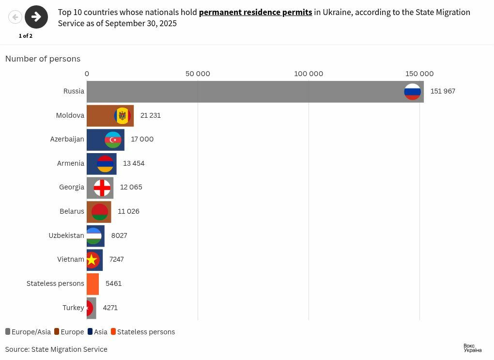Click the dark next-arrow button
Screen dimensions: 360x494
(x=36, y=17)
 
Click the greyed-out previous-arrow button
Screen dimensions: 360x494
(x=15, y=17)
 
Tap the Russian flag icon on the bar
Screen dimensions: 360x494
(x=413, y=92)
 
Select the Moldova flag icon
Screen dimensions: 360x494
(x=123, y=116)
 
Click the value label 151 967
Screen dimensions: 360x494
(x=443, y=91)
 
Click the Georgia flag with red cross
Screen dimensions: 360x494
(x=102, y=188)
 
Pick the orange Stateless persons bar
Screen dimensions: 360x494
(x=93, y=284)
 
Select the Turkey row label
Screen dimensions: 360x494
(x=73, y=308)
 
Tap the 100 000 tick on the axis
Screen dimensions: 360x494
(x=309, y=74)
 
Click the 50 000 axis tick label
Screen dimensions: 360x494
(x=198, y=74)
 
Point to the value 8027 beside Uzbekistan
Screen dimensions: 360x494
(x=119, y=235)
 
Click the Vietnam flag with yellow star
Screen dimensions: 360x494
(x=92, y=260)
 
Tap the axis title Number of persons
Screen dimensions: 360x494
(x=43, y=59)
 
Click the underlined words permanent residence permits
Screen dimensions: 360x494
(x=255, y=12)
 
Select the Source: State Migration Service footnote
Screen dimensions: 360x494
(x=56, y=349)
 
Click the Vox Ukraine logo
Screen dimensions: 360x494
(x=472, y=348)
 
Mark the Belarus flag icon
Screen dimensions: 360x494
(x=100, y=212)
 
